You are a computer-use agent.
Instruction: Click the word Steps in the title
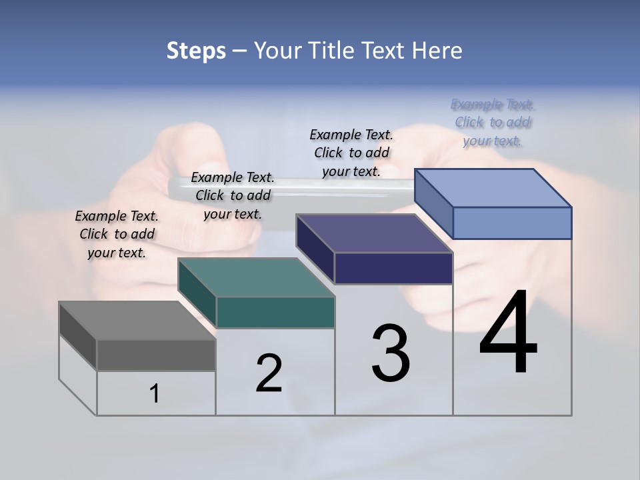[196, 51]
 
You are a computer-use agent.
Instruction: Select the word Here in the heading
[437, 51]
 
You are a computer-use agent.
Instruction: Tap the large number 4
[508, 333]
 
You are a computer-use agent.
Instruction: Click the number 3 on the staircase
[391, 353]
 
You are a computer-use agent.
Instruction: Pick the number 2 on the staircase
[269, 373]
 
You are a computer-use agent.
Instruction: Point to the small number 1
[155, 394]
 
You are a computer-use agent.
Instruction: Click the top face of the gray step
[137, 321]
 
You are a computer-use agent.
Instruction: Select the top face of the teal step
[256, 277]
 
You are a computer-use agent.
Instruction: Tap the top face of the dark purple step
[375, 233]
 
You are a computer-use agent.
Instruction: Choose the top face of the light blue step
[493, 188]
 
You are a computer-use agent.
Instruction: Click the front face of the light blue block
[512, 223]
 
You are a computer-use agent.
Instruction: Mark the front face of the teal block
[275, 312]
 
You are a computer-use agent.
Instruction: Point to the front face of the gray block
[156, 355]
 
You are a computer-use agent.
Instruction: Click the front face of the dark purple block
[393, 268]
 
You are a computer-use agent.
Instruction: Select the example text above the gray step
[117, 234]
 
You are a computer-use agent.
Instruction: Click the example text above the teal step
[233, 195]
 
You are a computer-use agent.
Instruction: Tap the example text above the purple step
[351, 153]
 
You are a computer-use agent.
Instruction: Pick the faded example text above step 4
[493, 123]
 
